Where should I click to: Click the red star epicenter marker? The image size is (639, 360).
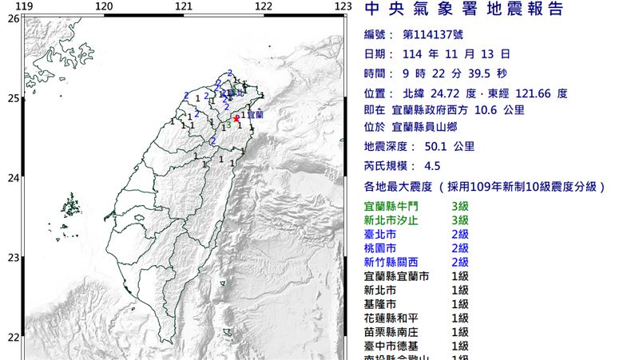click(236, 118)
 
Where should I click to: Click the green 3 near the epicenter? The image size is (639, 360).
click(228, 125)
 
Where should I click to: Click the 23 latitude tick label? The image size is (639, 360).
click(13, 258)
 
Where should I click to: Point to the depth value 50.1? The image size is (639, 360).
click(437, 146)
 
